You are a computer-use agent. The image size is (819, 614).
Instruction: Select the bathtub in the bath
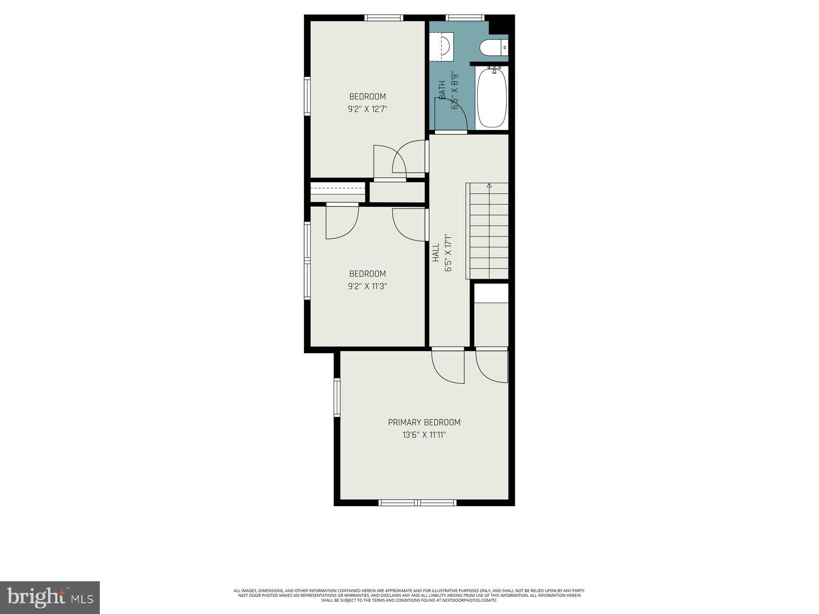(492, 97)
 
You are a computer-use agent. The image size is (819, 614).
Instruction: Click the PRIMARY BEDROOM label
(424, 422)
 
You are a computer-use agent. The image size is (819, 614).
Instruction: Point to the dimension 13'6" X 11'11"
(424, 435)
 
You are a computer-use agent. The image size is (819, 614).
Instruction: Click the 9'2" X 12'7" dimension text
(367, 109)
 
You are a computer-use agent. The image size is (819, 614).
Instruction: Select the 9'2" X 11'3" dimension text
(367, 287)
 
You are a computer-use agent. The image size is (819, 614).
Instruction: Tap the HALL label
(436, 252)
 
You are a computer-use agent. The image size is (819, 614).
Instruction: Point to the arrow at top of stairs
(489, 186)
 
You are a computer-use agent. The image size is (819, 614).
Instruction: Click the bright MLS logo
(50, 597)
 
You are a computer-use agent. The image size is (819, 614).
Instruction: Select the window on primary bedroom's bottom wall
(417, 502)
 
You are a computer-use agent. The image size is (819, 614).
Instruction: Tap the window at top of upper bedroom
(384, 18)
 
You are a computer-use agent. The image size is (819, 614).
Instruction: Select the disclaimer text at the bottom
(409, 595)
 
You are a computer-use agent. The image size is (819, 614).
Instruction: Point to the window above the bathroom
(465, 18)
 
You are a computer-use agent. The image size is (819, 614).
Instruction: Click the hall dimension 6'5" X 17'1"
(449, 252)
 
